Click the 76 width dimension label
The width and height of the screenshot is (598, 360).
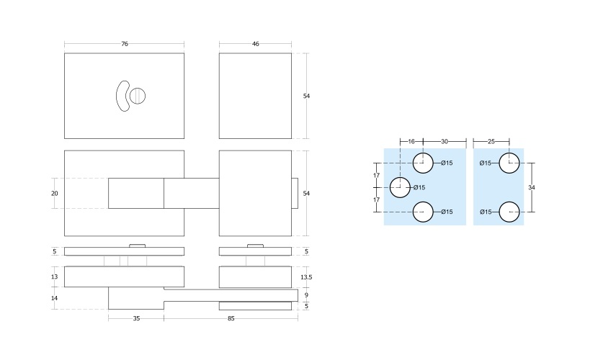coord(124,44)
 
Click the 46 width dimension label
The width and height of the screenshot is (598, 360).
coord(255,44)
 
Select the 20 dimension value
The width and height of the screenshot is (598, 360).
coord(55,193)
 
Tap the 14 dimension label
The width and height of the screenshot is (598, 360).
coord(55,297)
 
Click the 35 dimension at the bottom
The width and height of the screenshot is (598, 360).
coord(136,318)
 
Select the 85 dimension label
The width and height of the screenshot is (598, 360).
coord(231,318)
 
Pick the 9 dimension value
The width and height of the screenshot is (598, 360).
coord(306,295)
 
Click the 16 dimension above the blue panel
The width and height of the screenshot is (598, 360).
coord(411,142)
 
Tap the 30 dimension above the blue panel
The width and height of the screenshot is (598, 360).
coord(444,142)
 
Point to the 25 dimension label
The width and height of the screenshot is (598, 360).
coord(491,142)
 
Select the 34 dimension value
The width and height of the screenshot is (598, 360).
coord(532,187)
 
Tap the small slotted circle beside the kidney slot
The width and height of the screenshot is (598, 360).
coord(138,96)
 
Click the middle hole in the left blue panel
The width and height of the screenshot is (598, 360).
coord(399,187)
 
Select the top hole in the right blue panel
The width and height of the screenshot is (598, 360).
coord(509,163)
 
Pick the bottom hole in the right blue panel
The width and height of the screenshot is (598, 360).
coord(509,212)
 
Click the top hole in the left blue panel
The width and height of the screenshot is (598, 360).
coord(423,163)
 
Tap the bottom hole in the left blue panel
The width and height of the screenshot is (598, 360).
coord(423,212)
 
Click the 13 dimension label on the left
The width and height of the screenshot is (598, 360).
coord(55,276)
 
